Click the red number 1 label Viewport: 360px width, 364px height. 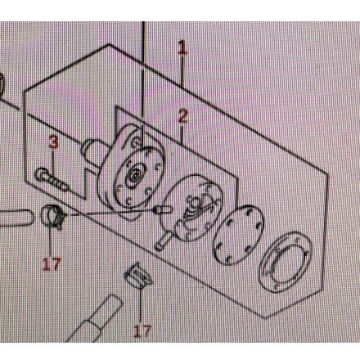tap(182, 47)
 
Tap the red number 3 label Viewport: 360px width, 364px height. tap(54, 142)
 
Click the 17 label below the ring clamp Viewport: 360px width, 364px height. tap(52, 264)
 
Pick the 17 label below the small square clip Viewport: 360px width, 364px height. tap(142, 331)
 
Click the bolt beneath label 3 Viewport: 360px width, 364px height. tap(52, 179)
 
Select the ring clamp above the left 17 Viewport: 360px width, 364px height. tap(53, 216)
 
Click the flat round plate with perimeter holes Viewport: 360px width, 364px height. tap(238, 236)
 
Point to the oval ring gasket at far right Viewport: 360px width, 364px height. tap(286, 262)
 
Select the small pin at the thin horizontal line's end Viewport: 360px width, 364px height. tap(163, 210)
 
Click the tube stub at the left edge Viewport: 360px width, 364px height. tap(16, 218)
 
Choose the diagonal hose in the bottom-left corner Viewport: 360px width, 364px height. tap(94, 319)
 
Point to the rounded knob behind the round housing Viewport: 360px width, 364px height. tap(92, 150)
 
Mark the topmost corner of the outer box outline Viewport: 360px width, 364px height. tap(109, 44)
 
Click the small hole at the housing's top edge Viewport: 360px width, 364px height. tap(136, 142)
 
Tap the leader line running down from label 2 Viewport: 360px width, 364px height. tap(181, 133)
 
